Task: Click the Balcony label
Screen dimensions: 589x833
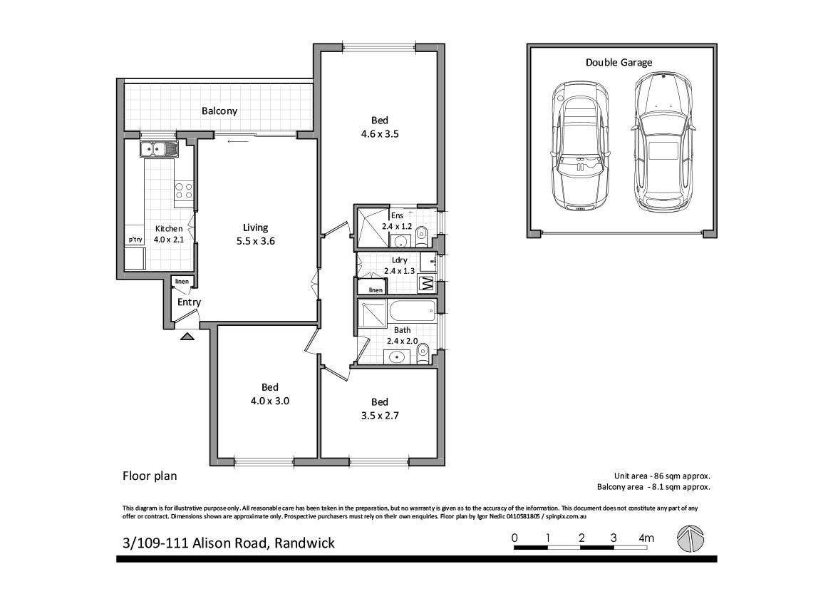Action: click(219, 111)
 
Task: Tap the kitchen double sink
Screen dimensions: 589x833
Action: click(160, 149)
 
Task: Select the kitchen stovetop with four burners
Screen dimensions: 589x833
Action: click(183, 190)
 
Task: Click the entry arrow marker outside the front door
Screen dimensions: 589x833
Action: click(187, 337)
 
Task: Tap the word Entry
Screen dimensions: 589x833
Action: click(189, 302)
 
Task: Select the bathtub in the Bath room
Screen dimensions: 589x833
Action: click(412, 311)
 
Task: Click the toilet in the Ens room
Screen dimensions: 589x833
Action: click(421, 233)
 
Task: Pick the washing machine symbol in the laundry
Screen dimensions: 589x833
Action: click(426, 285)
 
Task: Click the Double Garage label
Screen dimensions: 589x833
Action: click(619, 63)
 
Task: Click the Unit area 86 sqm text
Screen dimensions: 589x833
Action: click(663, 476)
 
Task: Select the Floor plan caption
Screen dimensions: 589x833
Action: click(150, 476)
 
